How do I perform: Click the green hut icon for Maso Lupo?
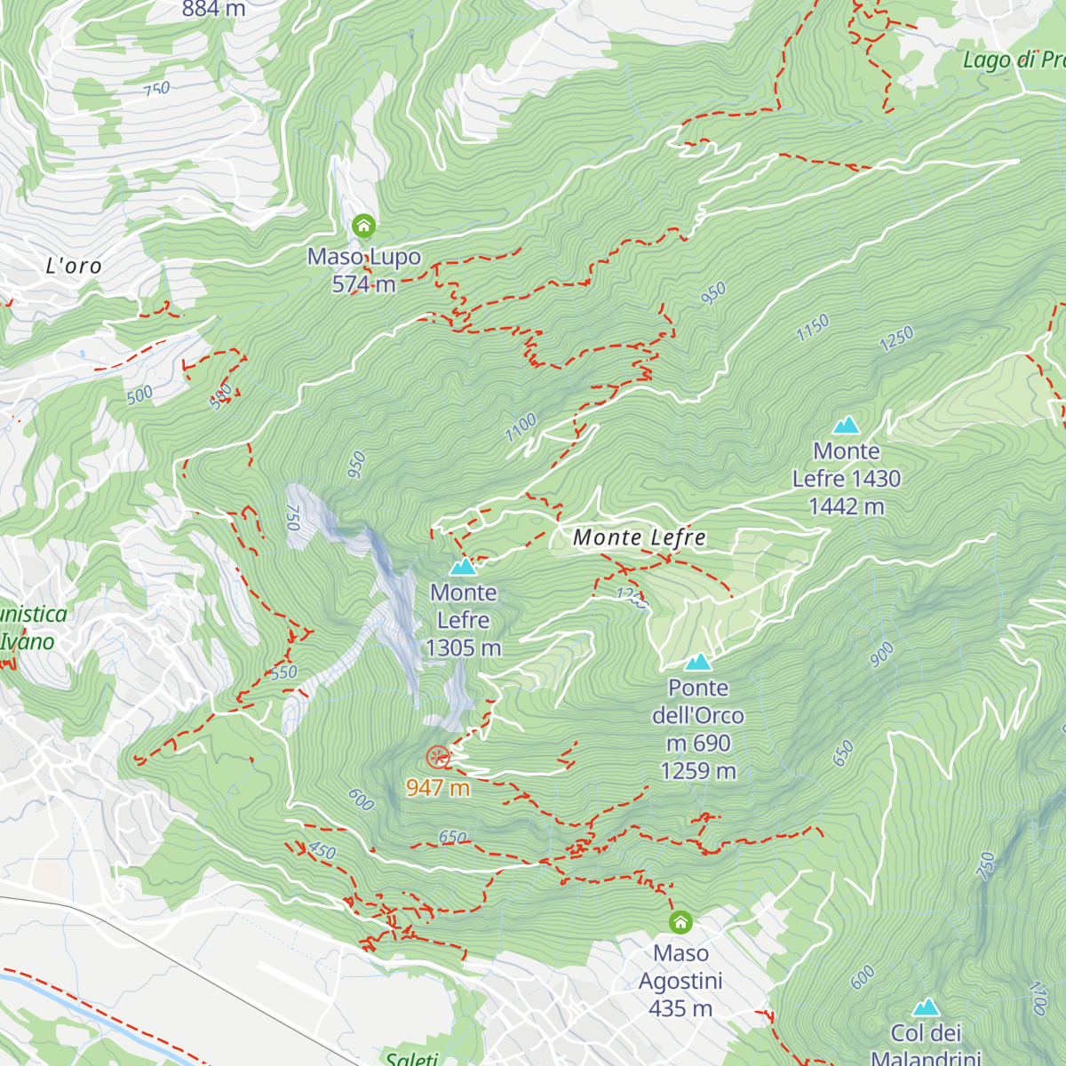[363, 226]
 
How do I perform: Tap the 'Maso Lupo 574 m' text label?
[364, 270]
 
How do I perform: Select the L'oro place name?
[74, 266]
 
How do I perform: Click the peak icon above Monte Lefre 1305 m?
[463, 567]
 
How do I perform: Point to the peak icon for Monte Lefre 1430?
[847, 426]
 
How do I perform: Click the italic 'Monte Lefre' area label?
[640, 537]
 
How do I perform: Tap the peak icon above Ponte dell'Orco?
[698, 662]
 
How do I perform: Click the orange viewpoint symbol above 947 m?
[437, 757]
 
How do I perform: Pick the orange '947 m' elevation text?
[438, 787]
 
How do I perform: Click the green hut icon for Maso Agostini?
[680, 922]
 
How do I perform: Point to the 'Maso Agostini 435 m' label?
[680, 981]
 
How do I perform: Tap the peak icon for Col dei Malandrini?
[927, 1007]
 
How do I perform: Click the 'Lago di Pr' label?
[1014, 60]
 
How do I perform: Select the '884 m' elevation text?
[213, 9]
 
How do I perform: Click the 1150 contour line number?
[812, 328]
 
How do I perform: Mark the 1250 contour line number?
[896, 338]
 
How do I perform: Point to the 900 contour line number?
[881, 655]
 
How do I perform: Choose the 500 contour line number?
[139, 394]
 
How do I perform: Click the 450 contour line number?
[322, 851]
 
